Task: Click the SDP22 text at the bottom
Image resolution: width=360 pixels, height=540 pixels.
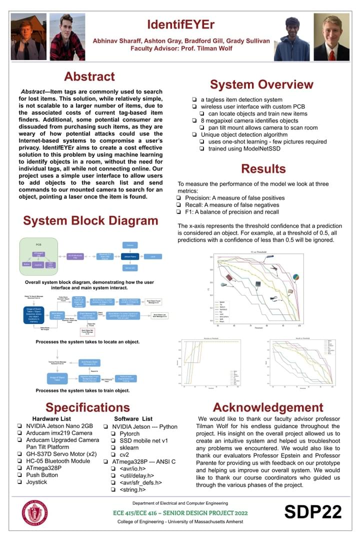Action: click(313, 512)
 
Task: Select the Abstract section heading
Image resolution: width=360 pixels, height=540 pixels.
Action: click(89, 76)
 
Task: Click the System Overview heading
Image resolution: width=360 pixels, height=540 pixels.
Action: click(261, 84)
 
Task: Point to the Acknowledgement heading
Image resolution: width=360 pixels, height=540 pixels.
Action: click(268, 407)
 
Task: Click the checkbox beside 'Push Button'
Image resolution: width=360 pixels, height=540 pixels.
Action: click(19, 475)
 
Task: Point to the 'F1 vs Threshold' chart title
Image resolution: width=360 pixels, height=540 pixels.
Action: click(258, 251)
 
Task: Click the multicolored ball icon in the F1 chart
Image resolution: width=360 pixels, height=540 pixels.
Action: click(295, 277)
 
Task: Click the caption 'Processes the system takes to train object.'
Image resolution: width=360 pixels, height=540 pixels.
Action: click(82, 390)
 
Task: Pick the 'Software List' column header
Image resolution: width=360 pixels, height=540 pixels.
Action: click(134, 418)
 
